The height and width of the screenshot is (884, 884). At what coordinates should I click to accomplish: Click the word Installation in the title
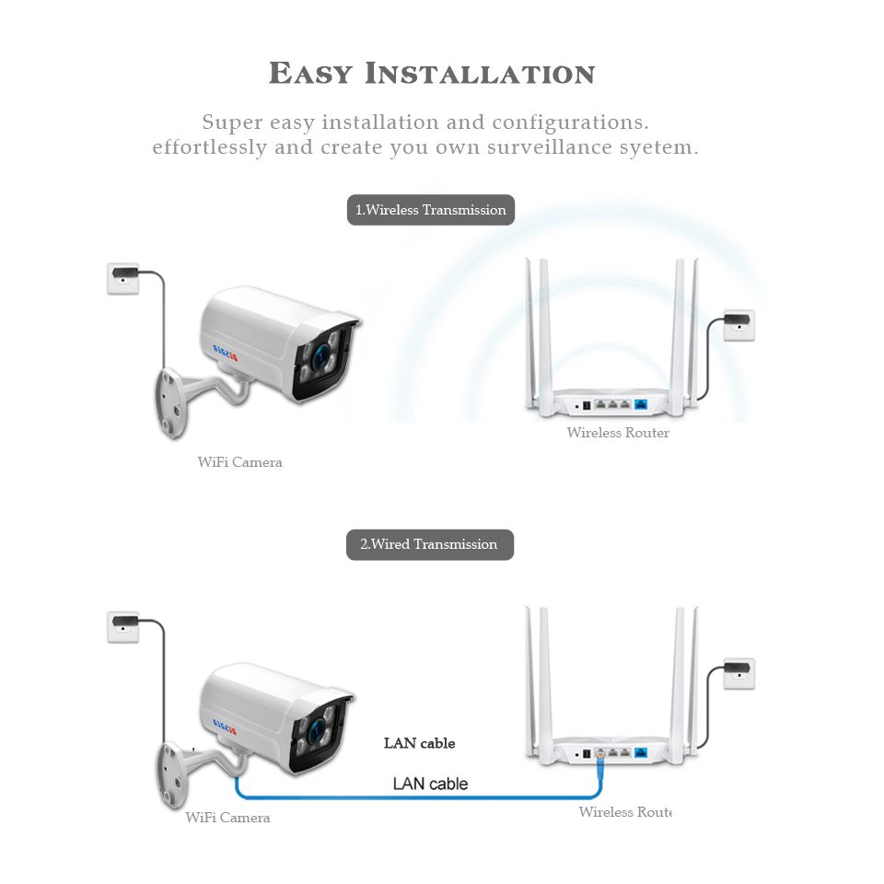point(480,74)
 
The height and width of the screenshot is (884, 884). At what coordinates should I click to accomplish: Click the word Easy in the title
point(311,74)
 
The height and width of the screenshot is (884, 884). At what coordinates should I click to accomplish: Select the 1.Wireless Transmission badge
point(431,210)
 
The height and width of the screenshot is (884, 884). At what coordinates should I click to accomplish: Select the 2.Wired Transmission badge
point(429,544)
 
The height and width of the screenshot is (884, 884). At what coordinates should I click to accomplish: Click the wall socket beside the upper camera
point(123,278)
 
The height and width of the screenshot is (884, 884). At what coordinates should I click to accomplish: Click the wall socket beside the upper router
point(739,324)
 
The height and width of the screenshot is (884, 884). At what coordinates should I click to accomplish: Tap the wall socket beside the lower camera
point(123,626)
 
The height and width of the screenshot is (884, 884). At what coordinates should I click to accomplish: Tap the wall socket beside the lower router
point(739,673)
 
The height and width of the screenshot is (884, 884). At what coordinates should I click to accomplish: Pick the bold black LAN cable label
point(419,743)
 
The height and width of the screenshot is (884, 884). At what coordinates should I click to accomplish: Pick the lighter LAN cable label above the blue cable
point(430,784)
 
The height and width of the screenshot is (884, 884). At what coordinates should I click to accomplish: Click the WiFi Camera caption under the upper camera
point(239,462)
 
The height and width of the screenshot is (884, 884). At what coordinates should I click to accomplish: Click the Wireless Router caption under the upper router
point(618,433)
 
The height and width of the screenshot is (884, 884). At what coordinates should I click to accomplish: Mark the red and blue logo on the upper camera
point(226,351)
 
